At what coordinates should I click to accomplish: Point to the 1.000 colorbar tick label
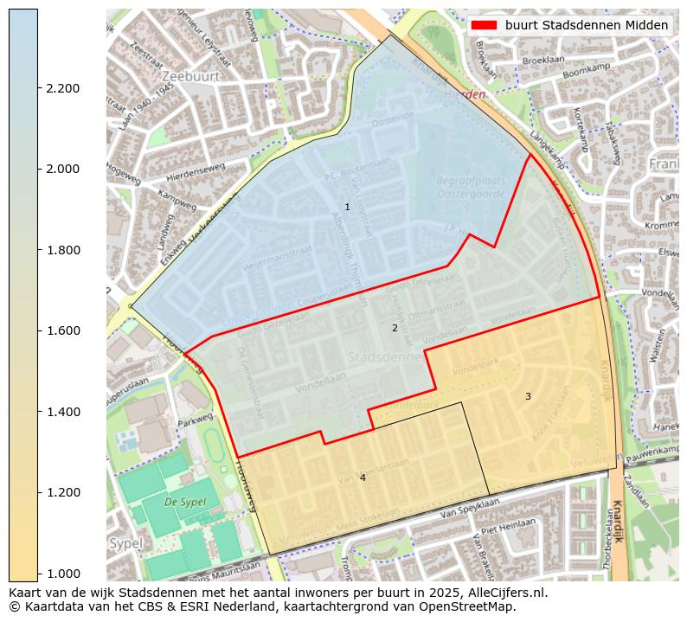click(64, 573)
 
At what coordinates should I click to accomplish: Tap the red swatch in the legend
click(484, 25)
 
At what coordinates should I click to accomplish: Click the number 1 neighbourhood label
click(347, 207)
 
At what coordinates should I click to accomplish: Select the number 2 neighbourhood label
click(395, 328)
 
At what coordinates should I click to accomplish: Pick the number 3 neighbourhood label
click(528, 396)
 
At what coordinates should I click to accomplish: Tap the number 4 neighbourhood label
click(363, 478)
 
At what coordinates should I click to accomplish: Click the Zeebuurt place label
click(184, 76)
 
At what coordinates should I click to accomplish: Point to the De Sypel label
click(183, 501)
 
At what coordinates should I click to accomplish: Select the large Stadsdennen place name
click(384, 356)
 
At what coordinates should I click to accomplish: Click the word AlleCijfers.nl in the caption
click(502, 593)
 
